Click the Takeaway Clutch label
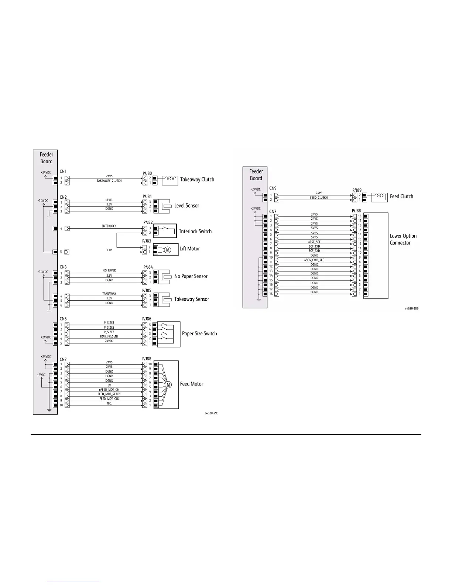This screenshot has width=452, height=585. [197, 180]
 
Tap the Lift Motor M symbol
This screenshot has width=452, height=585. [168, 250]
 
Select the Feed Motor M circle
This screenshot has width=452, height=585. [168, 385]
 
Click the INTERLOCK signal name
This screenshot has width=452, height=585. [109, 226]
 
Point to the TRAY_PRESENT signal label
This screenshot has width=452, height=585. [109, 336]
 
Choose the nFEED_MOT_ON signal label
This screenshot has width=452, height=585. [109, 390]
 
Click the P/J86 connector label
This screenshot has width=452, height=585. [147, 319]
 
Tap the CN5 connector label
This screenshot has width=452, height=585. [63, 319]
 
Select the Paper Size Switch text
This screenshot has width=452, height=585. [199, 333]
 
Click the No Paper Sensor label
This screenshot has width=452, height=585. [191, 276]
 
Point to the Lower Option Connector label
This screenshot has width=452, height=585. [403, 239]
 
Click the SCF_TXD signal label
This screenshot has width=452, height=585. [314, 246]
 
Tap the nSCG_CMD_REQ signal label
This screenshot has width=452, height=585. [314, 260]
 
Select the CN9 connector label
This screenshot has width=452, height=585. [273, 188]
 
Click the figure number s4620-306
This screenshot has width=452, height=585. [411, 308]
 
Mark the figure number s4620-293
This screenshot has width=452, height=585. [212, 413]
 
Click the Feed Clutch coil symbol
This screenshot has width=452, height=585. [379, 196]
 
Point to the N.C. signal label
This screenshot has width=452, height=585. [109, 403]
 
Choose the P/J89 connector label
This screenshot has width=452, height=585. [357, 190]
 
